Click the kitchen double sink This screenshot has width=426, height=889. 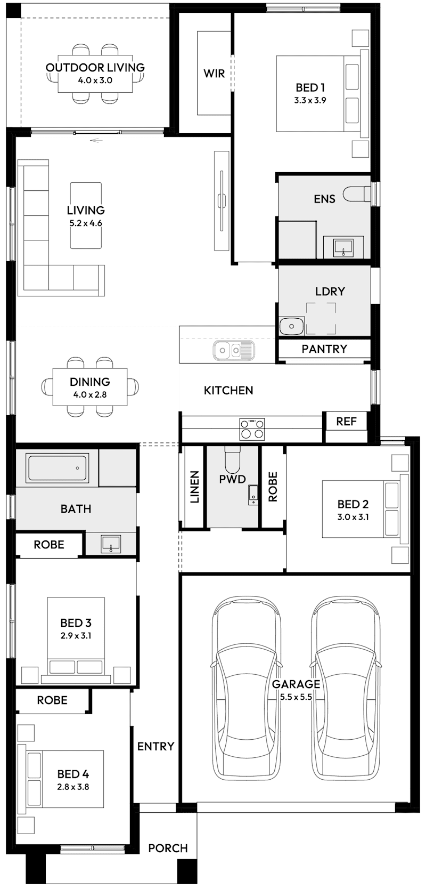(234, 350)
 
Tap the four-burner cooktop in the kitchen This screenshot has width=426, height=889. (252, 429)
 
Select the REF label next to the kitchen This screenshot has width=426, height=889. (346, 422)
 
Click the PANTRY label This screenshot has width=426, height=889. (324, 349)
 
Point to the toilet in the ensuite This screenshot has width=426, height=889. (356, 193)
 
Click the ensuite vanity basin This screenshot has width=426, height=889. (343, 246)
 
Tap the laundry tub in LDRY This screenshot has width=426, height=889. (291, 326)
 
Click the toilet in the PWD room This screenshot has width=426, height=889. (233, 458)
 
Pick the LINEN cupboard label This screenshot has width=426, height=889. (194, 487)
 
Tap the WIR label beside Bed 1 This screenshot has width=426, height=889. (214, 74)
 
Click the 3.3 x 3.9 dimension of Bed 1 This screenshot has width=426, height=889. (310, 100)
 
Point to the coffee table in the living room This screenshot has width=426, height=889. (86, 215)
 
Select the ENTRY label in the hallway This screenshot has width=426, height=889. (155, 746)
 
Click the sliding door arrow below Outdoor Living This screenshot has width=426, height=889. (95, 141)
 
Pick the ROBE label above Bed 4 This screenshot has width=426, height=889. (52, 700)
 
